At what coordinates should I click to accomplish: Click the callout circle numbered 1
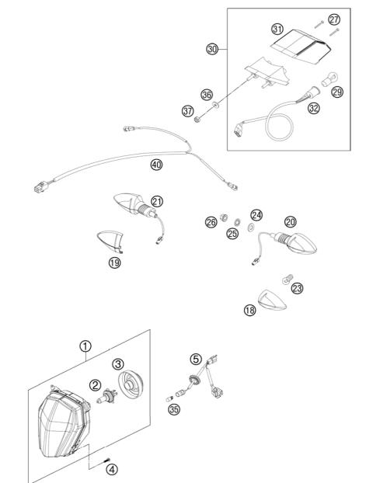coord(86,346)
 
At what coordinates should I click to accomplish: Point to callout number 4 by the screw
coord(113,468)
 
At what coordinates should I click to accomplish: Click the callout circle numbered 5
coord(196,359)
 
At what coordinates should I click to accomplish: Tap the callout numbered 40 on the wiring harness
coord(157,165)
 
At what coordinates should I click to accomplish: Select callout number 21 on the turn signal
coord(158,202)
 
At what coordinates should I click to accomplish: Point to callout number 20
coord(290,221)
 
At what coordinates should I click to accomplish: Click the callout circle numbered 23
coord(297,287)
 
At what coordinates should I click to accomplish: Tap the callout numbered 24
coord(256,214)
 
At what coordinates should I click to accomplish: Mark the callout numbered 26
coord(211,222)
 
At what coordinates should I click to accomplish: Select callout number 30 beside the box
coord(212,49)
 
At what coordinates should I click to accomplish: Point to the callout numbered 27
coord(334,18)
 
